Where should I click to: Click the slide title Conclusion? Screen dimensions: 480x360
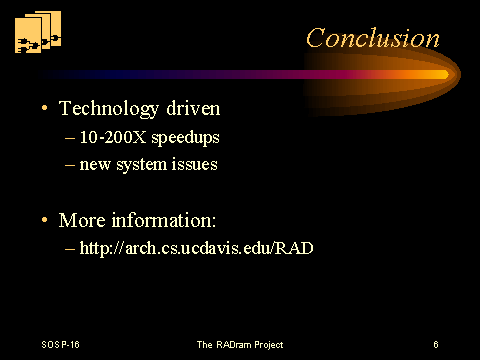coord(373,38)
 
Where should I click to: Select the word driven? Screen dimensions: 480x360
coord(193,108)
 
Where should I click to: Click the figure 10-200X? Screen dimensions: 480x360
coord(113,137)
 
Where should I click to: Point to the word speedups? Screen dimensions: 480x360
coord(185,138)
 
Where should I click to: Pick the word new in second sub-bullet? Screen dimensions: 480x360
coord(95,165)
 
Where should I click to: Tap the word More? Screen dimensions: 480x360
coord(82,220)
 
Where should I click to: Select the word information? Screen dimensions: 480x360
coord(164,220)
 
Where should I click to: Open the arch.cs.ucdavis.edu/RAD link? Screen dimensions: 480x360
coord(196,248)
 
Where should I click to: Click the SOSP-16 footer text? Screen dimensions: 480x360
coord(61,344)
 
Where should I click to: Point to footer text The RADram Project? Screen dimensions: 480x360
coord(240,345)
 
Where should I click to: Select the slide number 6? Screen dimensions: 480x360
coord(436,344)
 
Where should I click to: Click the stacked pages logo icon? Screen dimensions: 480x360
coord(38,32)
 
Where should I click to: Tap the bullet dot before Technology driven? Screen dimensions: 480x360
coord(45,108)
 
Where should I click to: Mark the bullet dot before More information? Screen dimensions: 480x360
coord(45,220)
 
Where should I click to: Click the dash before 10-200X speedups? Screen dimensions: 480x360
coord(70,138)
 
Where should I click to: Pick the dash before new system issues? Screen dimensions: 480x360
coord(70,165)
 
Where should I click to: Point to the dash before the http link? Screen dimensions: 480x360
coord(70,249)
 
